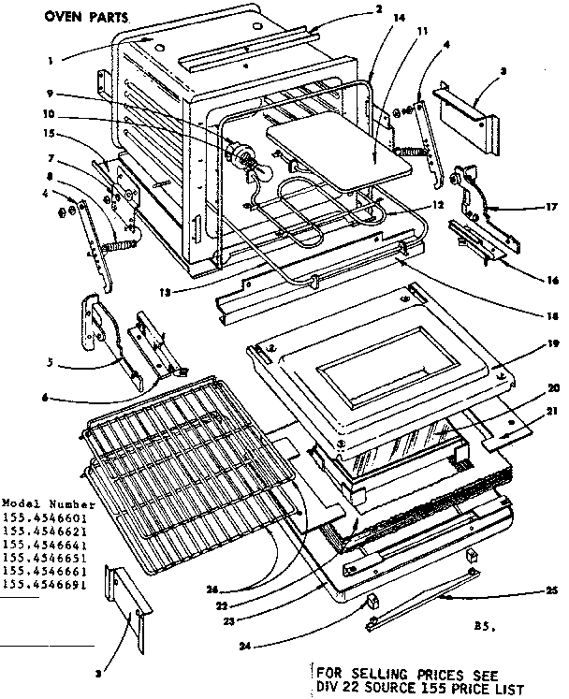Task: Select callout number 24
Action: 244,645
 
